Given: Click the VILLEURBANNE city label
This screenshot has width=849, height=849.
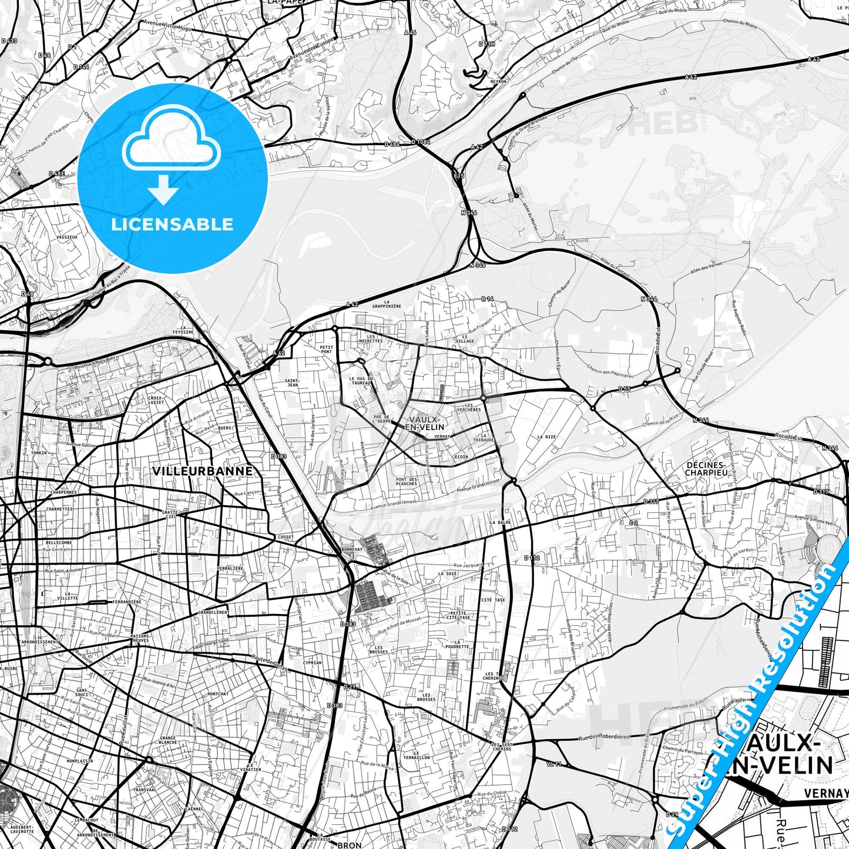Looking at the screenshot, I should click(203, 471).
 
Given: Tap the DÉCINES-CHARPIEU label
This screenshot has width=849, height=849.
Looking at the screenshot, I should click(706, 468).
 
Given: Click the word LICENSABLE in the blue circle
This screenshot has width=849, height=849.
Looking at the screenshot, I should click(172, 224).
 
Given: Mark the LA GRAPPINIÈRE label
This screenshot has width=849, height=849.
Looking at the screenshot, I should click(387, 306).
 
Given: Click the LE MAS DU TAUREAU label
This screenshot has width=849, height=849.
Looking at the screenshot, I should click(361, 381).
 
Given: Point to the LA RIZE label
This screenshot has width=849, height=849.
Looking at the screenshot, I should click(546, 437).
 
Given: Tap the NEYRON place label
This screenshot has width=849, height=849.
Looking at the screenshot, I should click(498, 82).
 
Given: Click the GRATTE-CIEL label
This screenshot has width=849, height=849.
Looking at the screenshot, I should click(170, 515).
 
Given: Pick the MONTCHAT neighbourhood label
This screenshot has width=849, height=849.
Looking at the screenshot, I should click(218, 694).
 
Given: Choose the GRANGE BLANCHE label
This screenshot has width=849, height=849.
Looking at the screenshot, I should click(168, 740).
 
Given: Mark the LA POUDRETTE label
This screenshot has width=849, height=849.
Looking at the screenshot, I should click(457, 645).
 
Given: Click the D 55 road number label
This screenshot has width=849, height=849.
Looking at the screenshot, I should click(624, 389).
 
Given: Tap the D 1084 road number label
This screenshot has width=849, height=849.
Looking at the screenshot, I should click(421, 142).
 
